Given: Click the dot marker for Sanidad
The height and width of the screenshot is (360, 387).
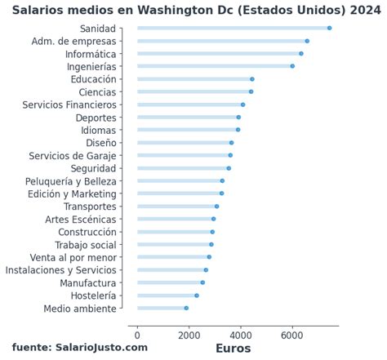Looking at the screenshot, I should [329, 28].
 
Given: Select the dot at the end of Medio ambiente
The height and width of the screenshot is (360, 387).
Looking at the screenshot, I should [186, 308].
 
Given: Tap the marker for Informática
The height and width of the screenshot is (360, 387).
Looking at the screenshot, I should [301, 53].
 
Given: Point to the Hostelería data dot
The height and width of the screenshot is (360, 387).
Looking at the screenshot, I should [197, 296].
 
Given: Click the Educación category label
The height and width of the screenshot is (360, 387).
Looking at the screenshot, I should [93, 79].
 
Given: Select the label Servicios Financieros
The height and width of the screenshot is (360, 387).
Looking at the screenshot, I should [69, 104].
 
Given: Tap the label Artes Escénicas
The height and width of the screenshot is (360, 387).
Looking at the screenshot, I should [80, 219].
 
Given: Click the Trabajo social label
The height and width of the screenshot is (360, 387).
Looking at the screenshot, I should [86, 244].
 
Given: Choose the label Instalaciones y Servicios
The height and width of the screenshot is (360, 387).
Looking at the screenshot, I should [60, 269].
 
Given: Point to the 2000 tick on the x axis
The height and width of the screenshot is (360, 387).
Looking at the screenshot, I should [189, 335].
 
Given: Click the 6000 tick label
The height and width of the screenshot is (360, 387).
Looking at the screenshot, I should [292, 335].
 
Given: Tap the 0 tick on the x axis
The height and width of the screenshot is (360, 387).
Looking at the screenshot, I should [137, 335].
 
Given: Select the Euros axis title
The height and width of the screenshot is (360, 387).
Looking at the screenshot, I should [233, 349].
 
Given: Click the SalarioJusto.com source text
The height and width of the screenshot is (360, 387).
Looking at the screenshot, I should [90, 348].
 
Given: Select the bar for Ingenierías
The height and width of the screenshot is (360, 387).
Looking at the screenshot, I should [214, 66].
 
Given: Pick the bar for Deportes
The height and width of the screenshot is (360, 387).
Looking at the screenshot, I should [187, 118].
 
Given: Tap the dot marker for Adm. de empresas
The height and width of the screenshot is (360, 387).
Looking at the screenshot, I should [307, 41].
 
